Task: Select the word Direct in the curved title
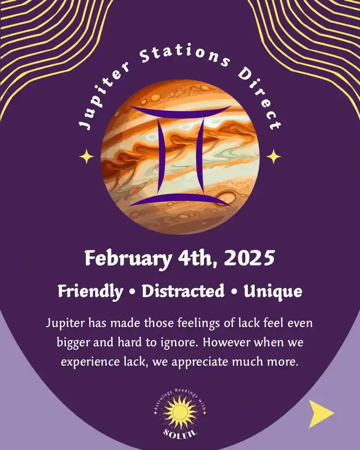(260, 99)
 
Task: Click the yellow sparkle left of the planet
(87, 157)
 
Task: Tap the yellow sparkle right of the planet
(273, 157)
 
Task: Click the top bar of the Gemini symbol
(180, 110)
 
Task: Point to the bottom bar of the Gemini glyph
(180, 200)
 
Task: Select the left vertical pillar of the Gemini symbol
(161, 155)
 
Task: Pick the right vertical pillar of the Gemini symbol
(199, 155)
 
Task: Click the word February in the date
(128, 259)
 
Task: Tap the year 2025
(249, 258)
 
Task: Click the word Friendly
(91, 291)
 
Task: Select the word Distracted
(183, 291)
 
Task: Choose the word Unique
(273, 291)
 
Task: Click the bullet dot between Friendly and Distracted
(132, 292)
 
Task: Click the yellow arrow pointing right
(320, 413)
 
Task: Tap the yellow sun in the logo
(180, 412)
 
